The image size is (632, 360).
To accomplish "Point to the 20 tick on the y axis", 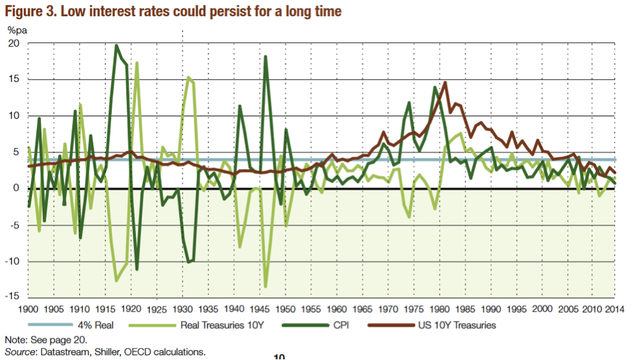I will pyautogui.click(x=13, y=43).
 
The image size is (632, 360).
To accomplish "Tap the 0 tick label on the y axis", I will pyautogui.click(x=16, y=189).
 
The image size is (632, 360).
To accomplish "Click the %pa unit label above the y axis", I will pyautogui.click(x=16, y=29).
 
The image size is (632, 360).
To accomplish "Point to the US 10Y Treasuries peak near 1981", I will pyautogui.click(x=445, y=82).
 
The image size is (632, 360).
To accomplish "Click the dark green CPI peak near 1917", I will pyautogui.click(x=116, y=45).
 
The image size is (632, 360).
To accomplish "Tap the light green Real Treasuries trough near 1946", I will pyautogui.click(x=266, y=287).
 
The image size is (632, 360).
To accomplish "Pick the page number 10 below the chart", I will pyautogui.click(x=279, y=357).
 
